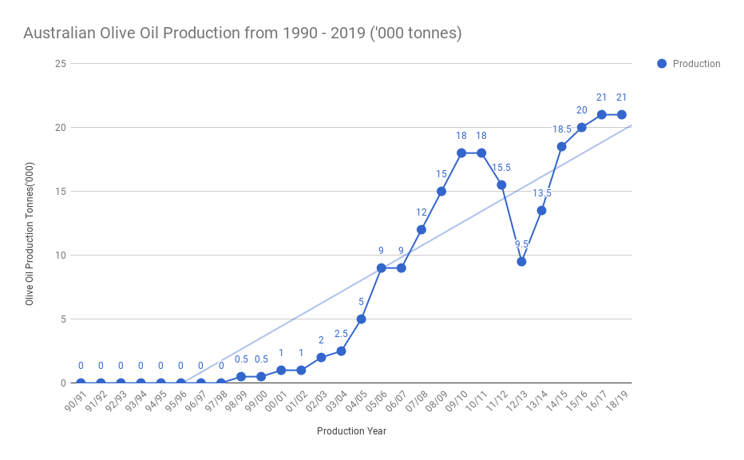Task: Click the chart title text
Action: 243,34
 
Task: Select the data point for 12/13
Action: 521,261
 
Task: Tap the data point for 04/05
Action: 361,319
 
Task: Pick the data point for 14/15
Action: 562,146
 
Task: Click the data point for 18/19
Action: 622,114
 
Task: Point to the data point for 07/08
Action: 421,229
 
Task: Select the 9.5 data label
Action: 521,244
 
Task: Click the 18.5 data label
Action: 562,129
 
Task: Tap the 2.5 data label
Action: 341,334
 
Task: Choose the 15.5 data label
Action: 501,168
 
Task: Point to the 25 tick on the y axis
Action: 61,64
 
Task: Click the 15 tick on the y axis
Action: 61,192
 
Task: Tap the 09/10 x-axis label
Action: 458,399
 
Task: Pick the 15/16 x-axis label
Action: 578,399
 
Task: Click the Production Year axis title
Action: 351,431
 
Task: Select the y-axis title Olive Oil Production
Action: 30,252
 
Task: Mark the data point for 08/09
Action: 441,191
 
